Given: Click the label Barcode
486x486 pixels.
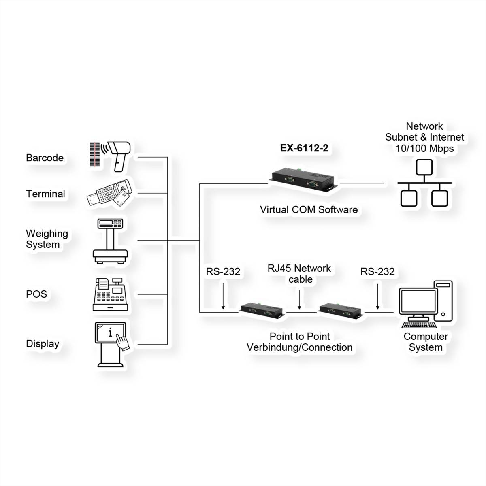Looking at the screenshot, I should pyautogui.click(x=45, y=158).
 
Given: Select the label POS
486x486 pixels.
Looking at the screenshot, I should pyautogui.click(x=36, y=294).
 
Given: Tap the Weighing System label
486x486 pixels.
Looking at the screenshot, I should pyautogui.click(x=47, y=239).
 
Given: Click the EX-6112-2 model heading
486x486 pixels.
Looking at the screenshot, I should pyautogui.click(x=304, y=148).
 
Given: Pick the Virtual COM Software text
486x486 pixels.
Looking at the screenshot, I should pyautogui.click(x=309, y=210).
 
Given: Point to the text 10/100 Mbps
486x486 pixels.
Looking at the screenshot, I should pyautogui.click(x=424, y=149).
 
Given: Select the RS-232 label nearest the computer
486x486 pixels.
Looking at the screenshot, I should pyautogui.click(x=377, y=272).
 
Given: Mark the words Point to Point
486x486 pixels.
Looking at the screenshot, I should pyautogui.click(x=300, y=337).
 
